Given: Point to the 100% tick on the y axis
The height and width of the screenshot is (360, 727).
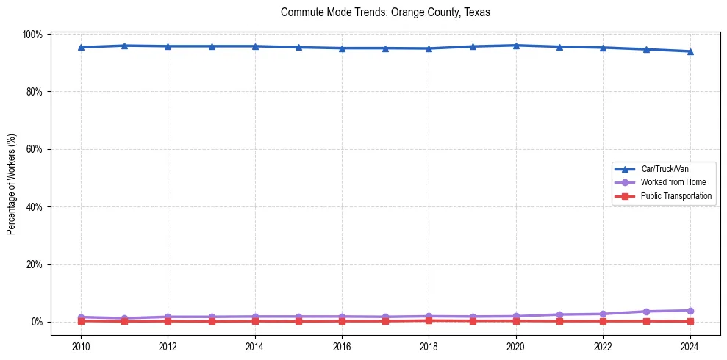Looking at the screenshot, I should point(33,35).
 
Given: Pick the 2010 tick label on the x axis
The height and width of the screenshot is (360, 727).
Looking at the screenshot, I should point(81,346).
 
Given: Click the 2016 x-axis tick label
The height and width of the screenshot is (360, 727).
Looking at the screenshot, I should point(342,346).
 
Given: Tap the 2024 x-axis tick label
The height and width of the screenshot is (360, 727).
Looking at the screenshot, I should point(690,346).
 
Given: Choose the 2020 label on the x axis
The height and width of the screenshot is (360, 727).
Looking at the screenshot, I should point(516,346).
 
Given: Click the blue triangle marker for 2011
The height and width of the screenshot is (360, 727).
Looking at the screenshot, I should point(124,46).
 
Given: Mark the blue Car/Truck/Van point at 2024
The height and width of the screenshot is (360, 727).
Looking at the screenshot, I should point(690,51).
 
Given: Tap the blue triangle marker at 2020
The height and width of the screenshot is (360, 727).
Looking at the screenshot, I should point(516,46).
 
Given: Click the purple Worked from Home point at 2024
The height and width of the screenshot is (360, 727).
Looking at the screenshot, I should point(690,311).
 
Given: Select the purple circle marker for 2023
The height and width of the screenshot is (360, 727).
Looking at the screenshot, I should point(646,312).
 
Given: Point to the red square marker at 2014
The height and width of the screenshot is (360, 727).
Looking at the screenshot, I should point(255,321).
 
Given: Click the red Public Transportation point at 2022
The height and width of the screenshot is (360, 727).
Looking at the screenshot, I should point(603,321).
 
